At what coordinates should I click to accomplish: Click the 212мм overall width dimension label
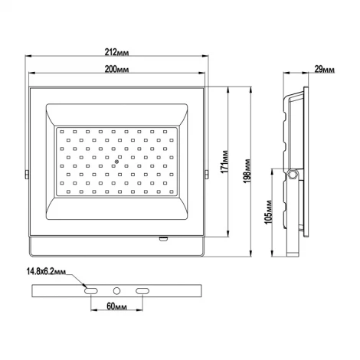[117, 52]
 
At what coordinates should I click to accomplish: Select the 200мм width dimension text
[117, 70]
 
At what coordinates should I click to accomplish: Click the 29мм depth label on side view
[324, 70]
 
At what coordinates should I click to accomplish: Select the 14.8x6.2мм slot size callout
[46, 271]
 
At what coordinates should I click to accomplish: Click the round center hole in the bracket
[117, 291]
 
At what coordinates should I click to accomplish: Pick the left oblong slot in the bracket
[91, 291]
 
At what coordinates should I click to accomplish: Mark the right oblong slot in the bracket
[143, 291]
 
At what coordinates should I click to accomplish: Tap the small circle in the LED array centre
[117, 162]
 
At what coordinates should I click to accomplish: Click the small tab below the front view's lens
[162, 238]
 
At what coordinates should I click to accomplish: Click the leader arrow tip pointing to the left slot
[84, 288]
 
